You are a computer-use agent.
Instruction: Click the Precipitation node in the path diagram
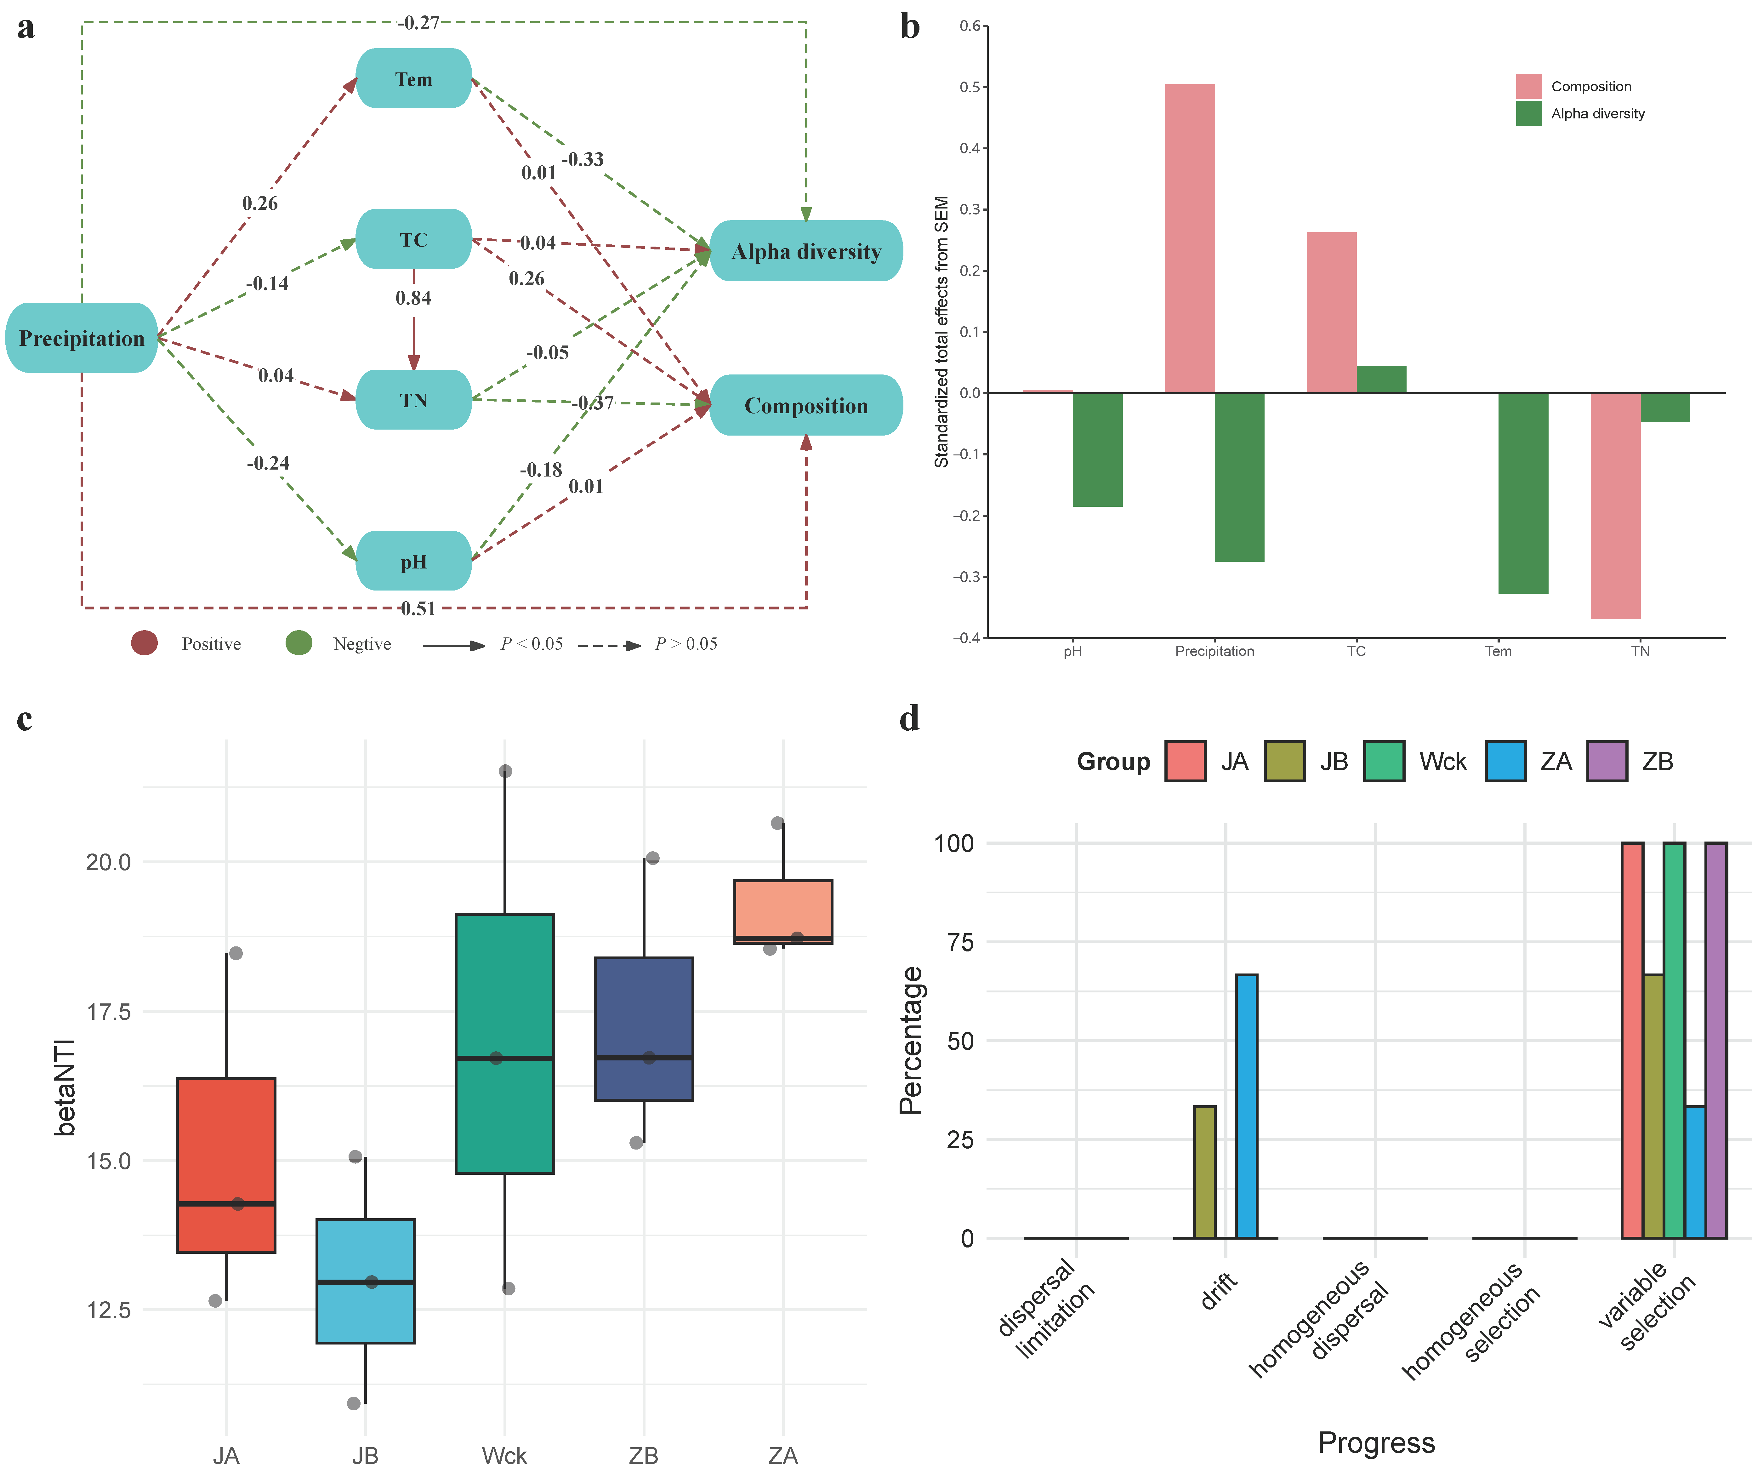pos(81,338)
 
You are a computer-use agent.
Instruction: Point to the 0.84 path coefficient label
pos(413,298)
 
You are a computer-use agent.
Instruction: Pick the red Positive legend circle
pos(145,643)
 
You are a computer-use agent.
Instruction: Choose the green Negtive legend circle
pos(299,643)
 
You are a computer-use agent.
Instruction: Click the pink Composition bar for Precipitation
pos(1189,238)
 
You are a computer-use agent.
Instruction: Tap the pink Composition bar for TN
pos(1615,505)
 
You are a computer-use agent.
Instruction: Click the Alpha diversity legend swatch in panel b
pos(1528,114)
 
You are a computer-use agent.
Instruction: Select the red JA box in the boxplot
pos(226,1165)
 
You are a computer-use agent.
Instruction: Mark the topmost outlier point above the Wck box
pos(505,771)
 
